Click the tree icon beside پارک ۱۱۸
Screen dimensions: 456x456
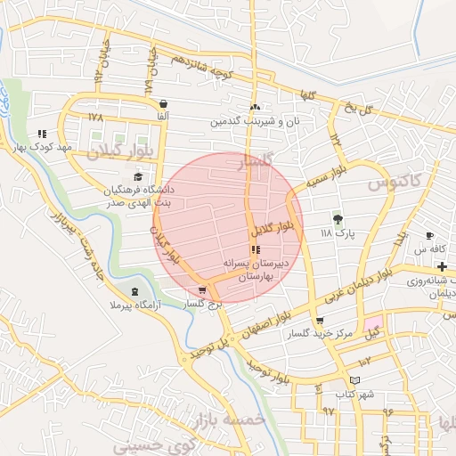338,219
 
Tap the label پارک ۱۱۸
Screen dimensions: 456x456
338,233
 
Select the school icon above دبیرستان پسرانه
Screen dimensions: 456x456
256,250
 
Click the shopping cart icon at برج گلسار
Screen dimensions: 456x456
203,289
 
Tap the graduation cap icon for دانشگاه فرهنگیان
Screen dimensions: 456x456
138,176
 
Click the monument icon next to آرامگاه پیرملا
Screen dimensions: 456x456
134,292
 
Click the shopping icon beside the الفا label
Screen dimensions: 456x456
162,103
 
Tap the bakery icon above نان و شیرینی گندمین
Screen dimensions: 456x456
255,107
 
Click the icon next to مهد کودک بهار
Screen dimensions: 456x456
42,134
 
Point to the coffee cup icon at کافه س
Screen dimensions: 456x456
429,236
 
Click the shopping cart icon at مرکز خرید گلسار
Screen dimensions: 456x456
320,321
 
